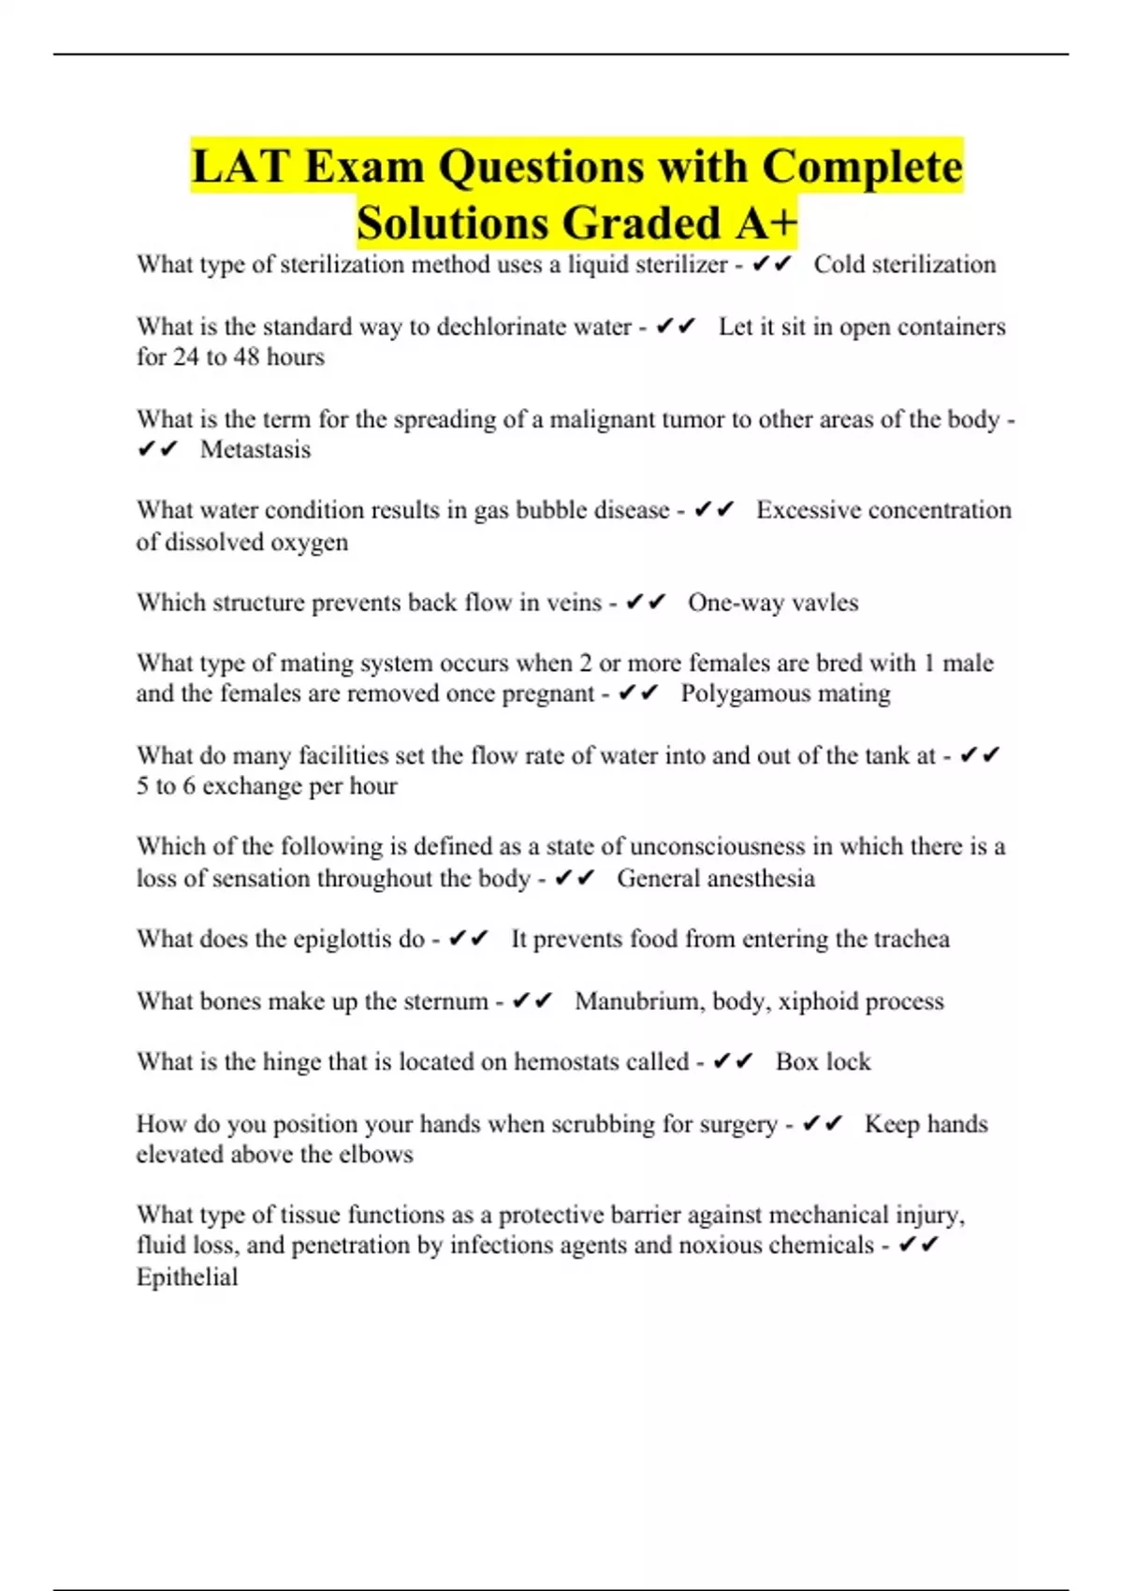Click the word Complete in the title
(x=862, y=168)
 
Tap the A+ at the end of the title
(x=766, y=223)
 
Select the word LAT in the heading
(x=241, y=168)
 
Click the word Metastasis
(x=255, y=449)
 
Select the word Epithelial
(x=187, y=1277)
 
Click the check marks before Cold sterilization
(x=772, y=265)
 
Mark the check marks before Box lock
(x=733, y=1061)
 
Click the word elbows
(x=376, y=1154)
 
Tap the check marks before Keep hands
(x=824, y=1123)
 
